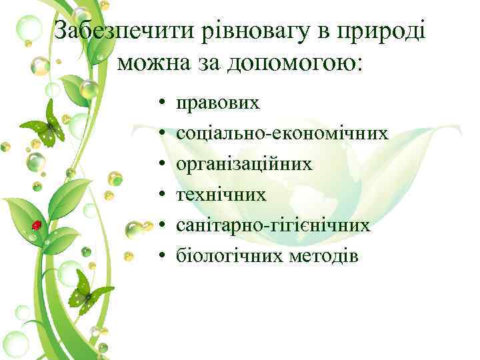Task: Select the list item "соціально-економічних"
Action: click(x=282, y=133)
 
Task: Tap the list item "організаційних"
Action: click(x=243, y=164)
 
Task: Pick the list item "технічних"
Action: click(x=221, y=195)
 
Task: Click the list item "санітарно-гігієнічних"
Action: click(x=273, y=225)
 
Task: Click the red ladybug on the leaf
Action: click(x=37, y=225)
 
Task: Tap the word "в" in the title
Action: click(x=304, y=31)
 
